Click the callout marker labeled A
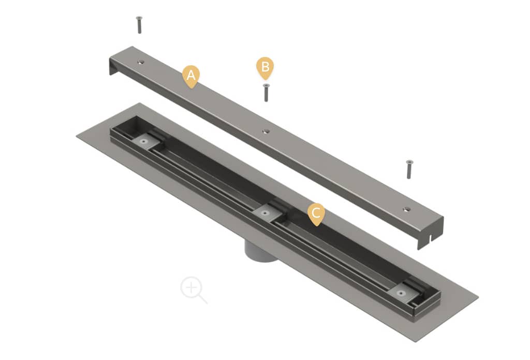(191, 77)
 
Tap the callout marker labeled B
(266, 68)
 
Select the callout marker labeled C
(316, 214)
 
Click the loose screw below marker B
(267, 92)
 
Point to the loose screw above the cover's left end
(139, 25)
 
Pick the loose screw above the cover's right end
(409, 169)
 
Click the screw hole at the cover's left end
(141, 62)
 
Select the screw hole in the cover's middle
(267, 131)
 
